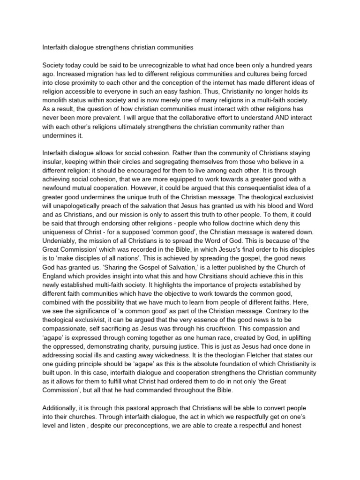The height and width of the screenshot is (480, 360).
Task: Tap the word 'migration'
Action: pyautogui.click(x=100, y=75)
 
